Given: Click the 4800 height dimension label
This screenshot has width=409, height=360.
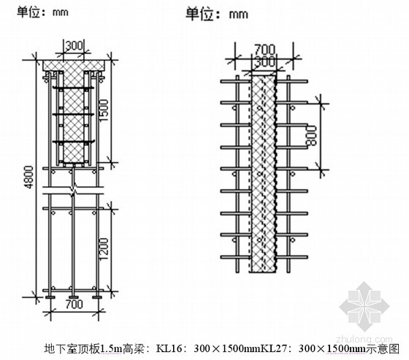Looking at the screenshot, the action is [x=29, y=177].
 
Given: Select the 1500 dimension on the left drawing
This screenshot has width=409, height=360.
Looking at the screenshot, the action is [x=104, y=110].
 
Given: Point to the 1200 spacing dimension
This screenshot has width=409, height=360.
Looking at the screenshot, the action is [x=104, y=248].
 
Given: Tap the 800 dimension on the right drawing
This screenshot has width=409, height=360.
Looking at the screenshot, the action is [x=311, y=136].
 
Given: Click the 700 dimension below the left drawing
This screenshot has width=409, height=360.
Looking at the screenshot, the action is [x=74, y=305].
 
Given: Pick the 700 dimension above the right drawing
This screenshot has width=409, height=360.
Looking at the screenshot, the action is [x=264, y=49].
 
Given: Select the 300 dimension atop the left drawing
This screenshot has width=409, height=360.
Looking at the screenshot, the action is [x=74, y=45].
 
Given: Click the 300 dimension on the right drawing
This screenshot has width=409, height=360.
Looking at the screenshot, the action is [x=264, y=62].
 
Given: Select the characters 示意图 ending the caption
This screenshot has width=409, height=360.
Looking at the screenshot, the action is [x=383, y=348].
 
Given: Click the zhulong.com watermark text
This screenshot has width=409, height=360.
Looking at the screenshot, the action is [x=364, y=339].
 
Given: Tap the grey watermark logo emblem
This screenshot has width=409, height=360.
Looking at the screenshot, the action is [x=364, y=306].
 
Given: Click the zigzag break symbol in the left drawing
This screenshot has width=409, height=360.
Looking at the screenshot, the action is [x=74, y=190].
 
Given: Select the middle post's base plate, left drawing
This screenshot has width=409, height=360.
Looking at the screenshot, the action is [x=73, y=297].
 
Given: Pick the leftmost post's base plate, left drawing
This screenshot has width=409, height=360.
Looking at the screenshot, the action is [x=50, y=297].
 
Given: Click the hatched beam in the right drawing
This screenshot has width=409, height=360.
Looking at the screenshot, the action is [x=264, y=174].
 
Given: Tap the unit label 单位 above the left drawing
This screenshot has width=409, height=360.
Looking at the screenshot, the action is [x=28, y=12].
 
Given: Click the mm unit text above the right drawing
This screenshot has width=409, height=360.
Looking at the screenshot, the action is [x=238, y=15].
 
